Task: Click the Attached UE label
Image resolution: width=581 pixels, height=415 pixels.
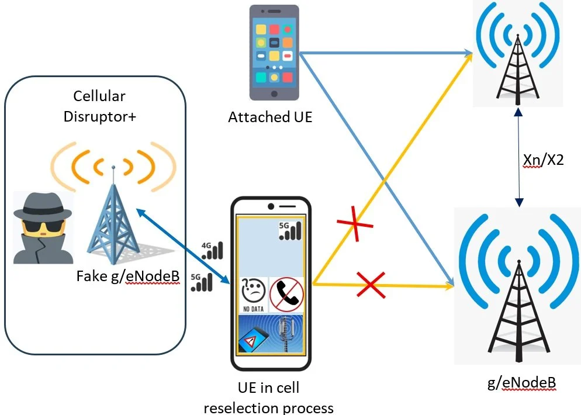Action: click(270, 117)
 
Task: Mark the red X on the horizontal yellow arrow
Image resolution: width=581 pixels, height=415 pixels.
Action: click(372, 285)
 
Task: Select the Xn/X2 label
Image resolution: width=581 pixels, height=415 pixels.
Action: click(543, 159)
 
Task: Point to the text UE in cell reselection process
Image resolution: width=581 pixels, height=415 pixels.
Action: click(268, 397)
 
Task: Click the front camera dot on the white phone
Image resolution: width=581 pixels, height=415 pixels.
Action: click(271, 206)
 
